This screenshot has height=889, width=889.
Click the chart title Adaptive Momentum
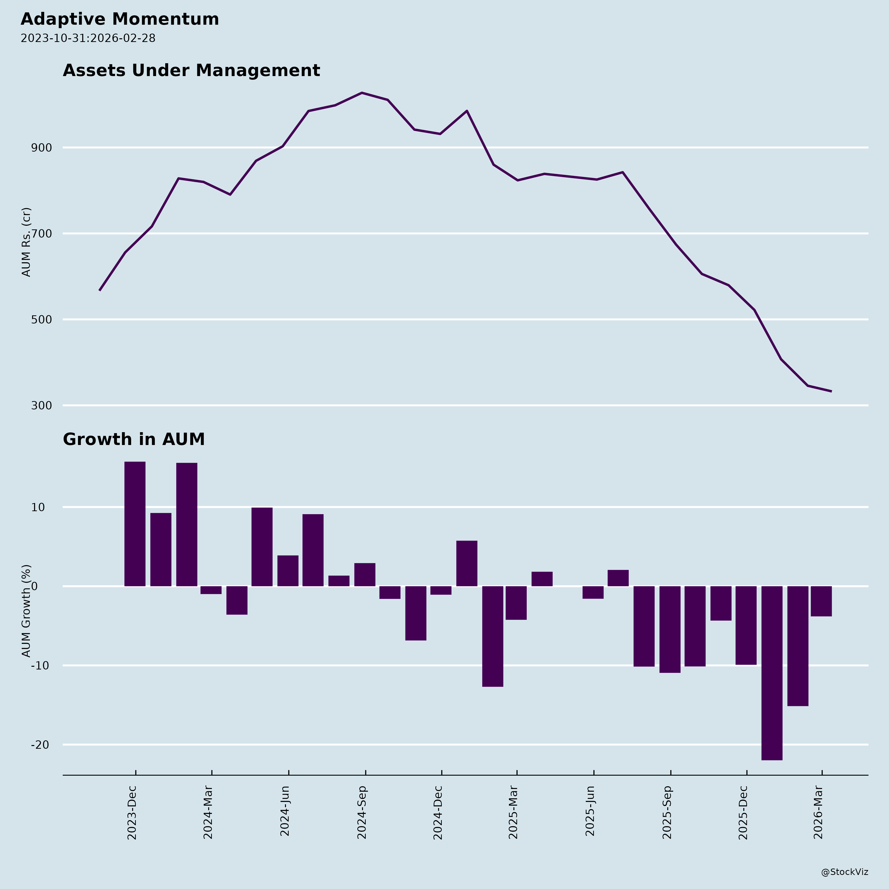click(x=120, y=19)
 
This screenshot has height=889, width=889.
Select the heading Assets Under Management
click(x=191, y=70)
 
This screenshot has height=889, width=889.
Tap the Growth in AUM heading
click(x=133, y=440)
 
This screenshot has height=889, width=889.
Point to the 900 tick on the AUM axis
click(x=41, y=148)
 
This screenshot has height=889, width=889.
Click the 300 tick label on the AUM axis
click(x=41, y=405)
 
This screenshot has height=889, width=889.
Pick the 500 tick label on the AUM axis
click(x=41, y=319)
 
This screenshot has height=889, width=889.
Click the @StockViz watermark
click(x=844, y=872)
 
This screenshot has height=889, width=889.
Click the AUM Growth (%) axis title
click(x=27, y=611)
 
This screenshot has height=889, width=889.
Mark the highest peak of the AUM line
click(x=362, y=93)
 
